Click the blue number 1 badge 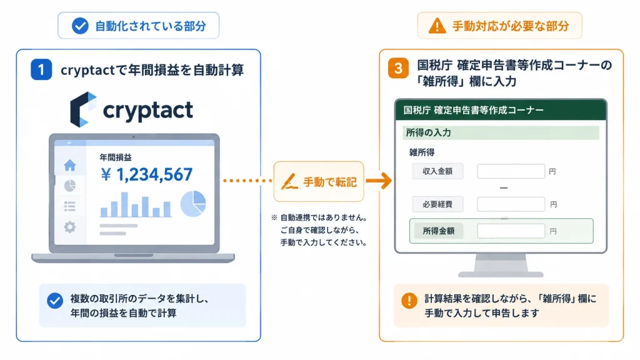coord(41,69)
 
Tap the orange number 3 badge coord(398,68)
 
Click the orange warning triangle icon coord(437,26)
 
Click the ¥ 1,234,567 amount coord(146,175)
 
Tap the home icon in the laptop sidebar coord(70,165)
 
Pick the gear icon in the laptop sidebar coord(70,226)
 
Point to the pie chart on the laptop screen coord(193,203)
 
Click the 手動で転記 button coord(319,182)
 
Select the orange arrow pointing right coord(379,181)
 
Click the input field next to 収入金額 coord(511,171)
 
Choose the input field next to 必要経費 coord(511,204)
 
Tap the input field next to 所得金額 coord(511,231)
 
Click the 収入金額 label coord(437,171)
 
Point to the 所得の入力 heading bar coord(501,132)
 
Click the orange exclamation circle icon coord(409,301)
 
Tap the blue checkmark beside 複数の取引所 coord(55,301)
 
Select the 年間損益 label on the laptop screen coord(116,157)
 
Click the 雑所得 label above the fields coord(422,152)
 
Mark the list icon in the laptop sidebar coord(70,206)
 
